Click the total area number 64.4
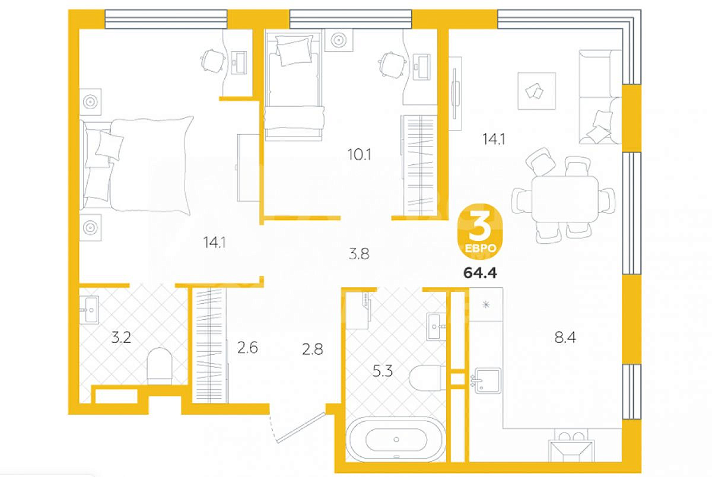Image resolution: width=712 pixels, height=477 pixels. pos(480,273)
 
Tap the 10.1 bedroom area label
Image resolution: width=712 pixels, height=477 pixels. pos(359,155)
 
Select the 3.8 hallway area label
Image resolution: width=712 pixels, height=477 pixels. pos(359,255)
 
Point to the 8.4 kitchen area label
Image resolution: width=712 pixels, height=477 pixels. pos(565,338)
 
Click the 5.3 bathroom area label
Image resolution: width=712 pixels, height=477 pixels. pos(382,371)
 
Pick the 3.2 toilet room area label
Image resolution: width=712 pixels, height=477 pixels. pos(121,338)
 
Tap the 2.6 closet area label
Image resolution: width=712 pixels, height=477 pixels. pos(247,348)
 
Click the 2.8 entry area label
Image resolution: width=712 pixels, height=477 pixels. pos(313,349)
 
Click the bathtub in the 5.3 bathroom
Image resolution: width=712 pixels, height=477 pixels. pos(396,440)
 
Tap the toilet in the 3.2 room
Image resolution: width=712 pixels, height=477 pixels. pos(160,366)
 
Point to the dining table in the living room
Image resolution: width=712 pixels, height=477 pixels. pos(565,199)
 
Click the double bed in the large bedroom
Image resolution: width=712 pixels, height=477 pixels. pos(136,164)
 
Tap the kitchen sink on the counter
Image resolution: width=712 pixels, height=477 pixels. pos(487,381)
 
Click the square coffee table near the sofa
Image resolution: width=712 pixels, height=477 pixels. pos(536,91)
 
